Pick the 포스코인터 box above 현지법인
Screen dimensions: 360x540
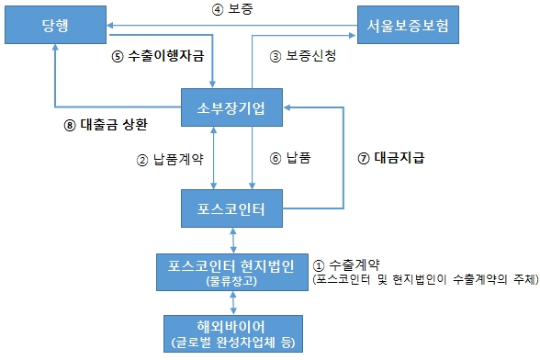click(x=232, y=208)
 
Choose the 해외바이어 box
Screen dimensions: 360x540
click(x=232, y=332)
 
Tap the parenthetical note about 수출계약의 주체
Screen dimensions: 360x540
click(x=424, y=277)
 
